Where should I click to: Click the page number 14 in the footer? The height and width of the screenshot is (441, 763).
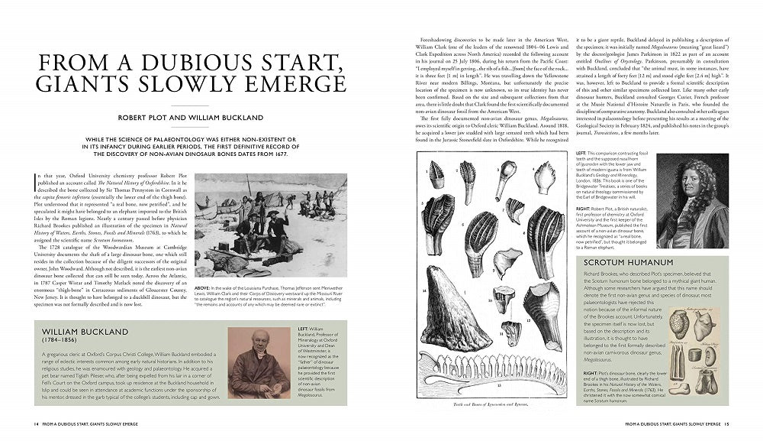35,423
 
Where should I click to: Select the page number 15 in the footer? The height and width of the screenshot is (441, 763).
727,423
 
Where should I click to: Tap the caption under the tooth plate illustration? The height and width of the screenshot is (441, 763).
491,404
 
